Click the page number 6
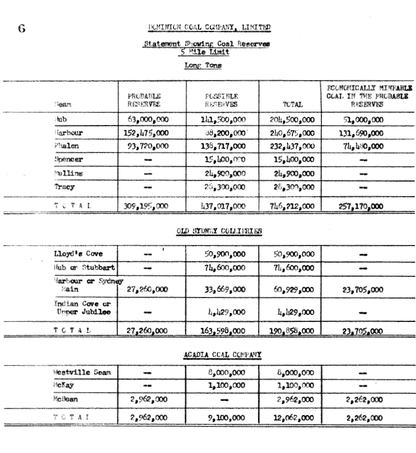click(x=22, y=29)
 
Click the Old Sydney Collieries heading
click(x=220, y=231)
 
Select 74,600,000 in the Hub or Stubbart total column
click(x=291, y=268)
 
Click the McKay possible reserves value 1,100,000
click(x=223, y=385)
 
